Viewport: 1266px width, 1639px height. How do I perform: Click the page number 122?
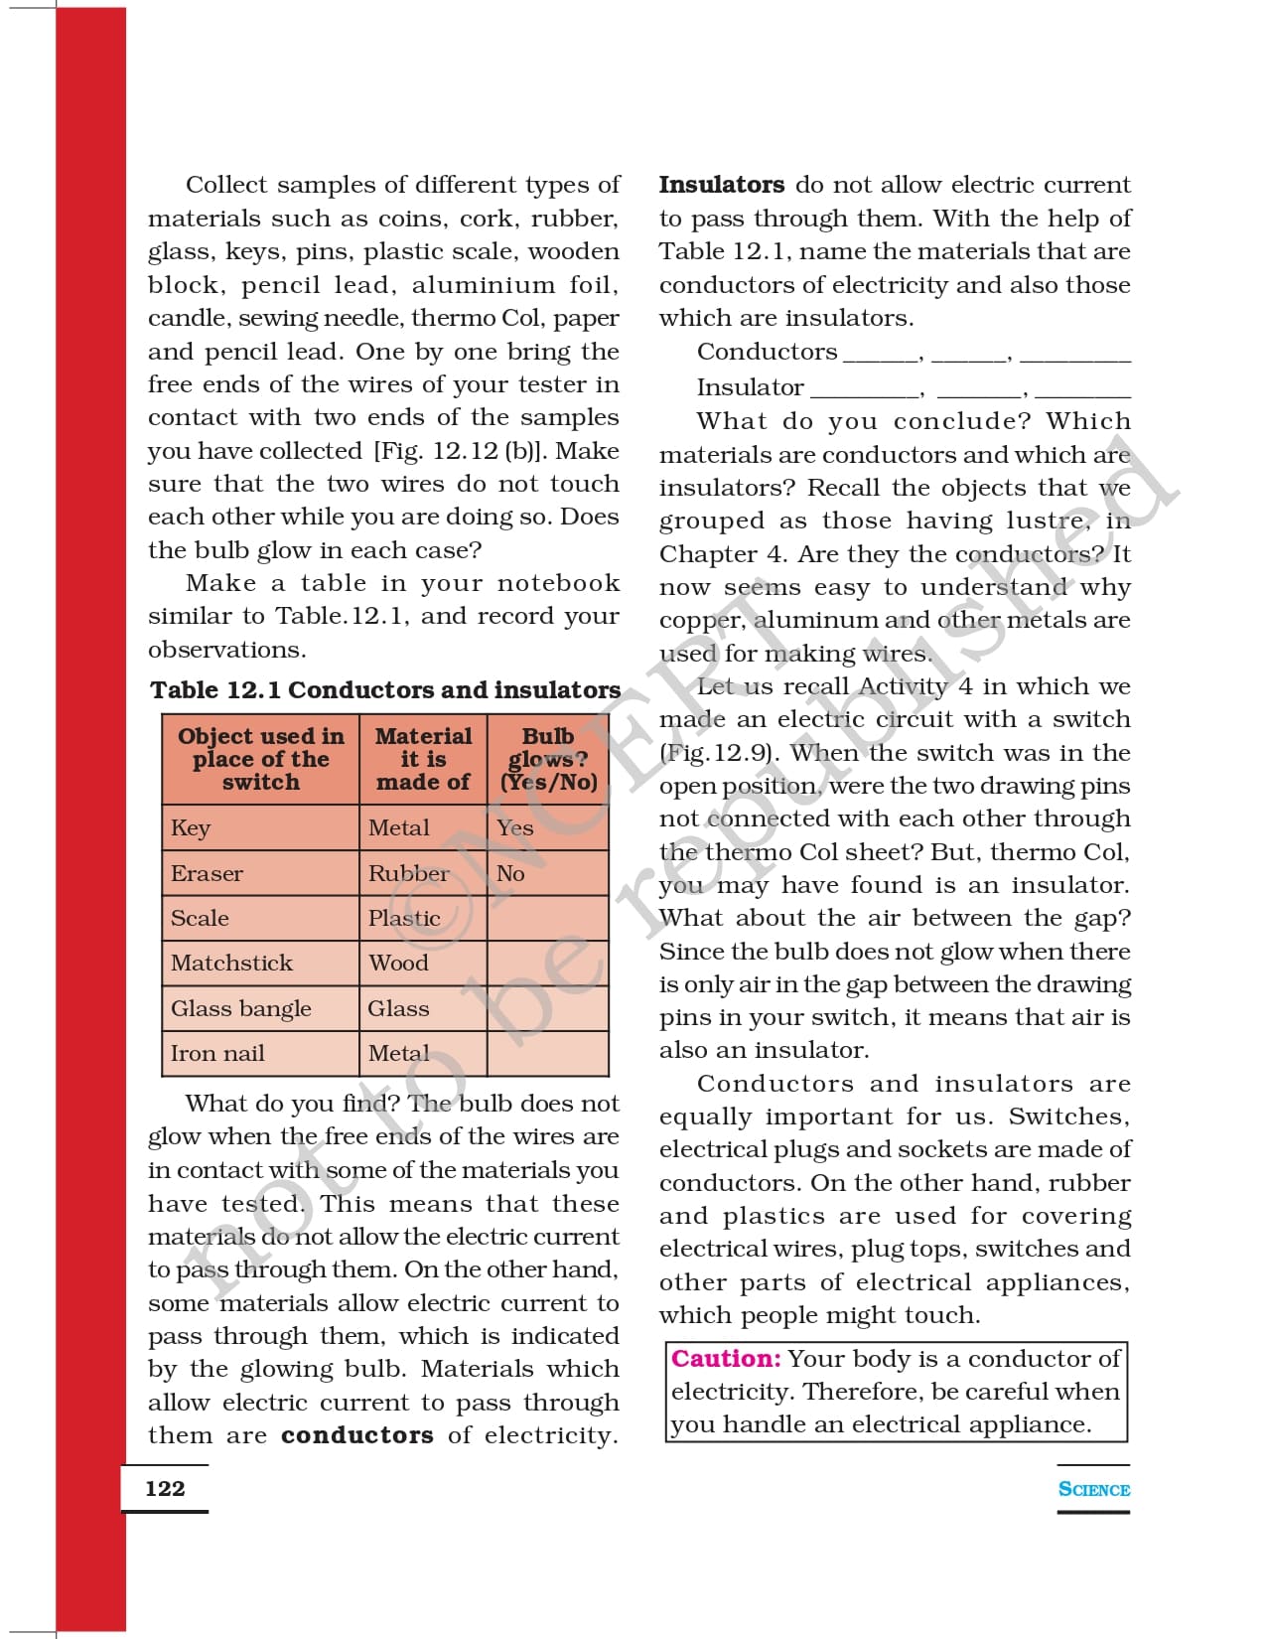(x=165, y=1488)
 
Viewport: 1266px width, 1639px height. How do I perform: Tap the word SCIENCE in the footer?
(x=1093, y=1489)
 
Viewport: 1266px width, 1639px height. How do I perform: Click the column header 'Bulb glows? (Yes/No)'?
(x=548, y=759)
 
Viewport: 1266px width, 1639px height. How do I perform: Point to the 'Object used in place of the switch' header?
(x=261, y=759)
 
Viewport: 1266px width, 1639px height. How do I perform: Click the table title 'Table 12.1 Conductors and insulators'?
(x=385, y=689)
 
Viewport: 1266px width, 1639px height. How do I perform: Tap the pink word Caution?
(x=726, y=1358)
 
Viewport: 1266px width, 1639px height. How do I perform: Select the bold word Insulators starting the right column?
(x=722, y=185)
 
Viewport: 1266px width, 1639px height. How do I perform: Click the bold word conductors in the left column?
(x=356, y=1435)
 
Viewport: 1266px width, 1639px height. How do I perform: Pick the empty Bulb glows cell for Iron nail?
(x=547, y=1053)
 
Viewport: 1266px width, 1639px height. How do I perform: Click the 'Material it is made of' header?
(x=423, y=759)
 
